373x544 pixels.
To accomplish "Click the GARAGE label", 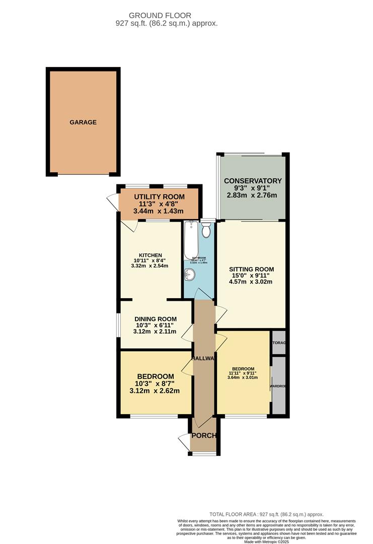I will point(83,122).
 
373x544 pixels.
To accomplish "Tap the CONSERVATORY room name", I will point(253,181).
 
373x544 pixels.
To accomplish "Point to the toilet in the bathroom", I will point(206,230).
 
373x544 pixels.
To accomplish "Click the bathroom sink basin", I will point(190,274).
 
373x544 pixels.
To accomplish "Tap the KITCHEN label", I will point(151,255).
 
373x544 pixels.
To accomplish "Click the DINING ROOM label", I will point(156,319).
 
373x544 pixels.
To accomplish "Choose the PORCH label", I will point(204,436).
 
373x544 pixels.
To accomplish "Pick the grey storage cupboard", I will point(279,343).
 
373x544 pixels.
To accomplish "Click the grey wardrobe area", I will point(278,386).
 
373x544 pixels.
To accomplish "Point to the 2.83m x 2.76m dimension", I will point(253,195).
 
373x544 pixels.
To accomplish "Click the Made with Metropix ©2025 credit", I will point(266,541).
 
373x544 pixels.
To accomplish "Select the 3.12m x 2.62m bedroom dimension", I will point(156,391).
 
